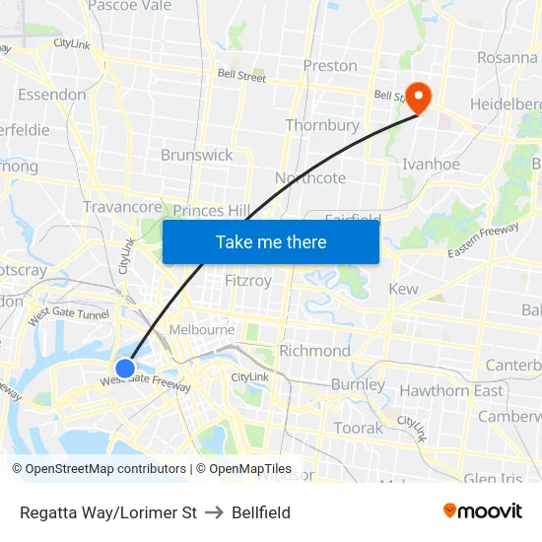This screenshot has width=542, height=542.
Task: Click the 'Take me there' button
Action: pyautogui.click(x=271, y=241)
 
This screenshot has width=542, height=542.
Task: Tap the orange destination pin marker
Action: pyautogui.click(x=419, y=97)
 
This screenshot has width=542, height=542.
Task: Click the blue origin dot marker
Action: pyautogui.click(x=125, y=369)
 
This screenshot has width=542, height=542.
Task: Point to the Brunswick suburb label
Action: pyautogui.click(x=197, y=155)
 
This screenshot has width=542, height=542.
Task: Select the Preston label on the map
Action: pyautogui.click(x=330, y=66)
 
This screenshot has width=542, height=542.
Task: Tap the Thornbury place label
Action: pyautogui.click(x=322, y=125)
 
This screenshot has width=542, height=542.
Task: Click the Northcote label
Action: pyautogui.click(x=310, y=177)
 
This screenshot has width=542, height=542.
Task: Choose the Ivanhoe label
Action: pyautogui.click(x=432, y=165)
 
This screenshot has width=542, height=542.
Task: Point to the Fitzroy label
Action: pyautogui.click(x=248, y=281)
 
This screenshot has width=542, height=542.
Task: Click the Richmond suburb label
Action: pyautogui.click(x=314, y=351)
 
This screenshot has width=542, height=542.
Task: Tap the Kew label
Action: pyautogui.click(x=403, y=289)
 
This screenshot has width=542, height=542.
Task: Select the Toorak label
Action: pyautogui.click(x=358, y=428)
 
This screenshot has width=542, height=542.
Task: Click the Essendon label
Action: pyautogui.click(x=51, y=95)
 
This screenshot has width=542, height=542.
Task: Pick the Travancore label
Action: pyautogui.click(x=122, y=207)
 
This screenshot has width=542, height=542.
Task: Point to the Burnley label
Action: pyautogui.click(x=358, y=384)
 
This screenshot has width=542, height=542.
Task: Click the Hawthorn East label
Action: pyautogui.click(x=450, y=390)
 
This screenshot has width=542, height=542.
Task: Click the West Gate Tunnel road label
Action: pyautogui.click(x=67, y=315)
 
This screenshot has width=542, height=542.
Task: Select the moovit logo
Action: pyautogui.click(x=483, y=510)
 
